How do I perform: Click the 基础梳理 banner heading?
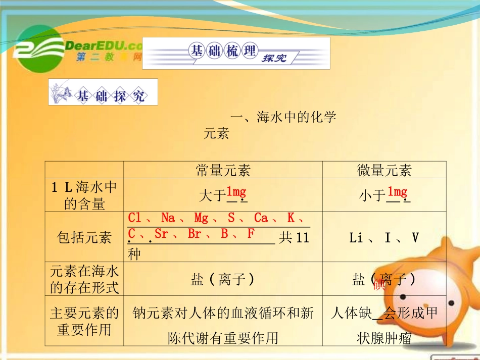(222, 51)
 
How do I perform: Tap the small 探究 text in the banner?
(274, 58)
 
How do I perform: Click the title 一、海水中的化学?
(283, 118)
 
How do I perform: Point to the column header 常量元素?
(223, 171)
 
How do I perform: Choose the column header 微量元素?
(384, 171)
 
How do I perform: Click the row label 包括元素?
(84, 237)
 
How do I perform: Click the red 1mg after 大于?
(236, 191)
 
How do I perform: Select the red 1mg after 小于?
(397, 191)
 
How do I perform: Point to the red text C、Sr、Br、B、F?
(191, 234)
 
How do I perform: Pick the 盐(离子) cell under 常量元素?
(222, 279)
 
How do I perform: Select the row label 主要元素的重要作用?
(84, 321)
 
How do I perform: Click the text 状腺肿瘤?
(384, 337)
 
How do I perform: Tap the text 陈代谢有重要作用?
(223, 337)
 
